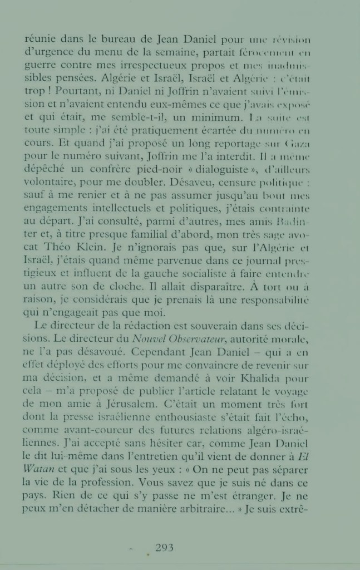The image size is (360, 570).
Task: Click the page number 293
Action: (164, 547)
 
